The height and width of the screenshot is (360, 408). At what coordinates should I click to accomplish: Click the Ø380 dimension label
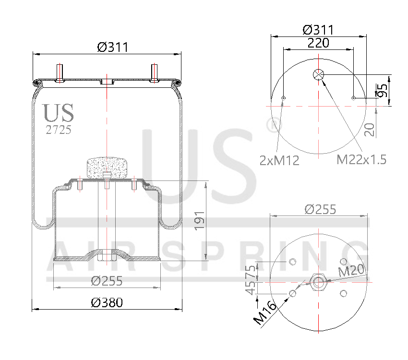pos(107,302)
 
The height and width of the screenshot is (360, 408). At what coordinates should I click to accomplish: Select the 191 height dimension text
pos(199,220)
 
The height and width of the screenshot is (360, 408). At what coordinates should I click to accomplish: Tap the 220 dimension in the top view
pos(318,43)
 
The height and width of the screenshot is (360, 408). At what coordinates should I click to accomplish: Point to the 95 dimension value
pos(382,90)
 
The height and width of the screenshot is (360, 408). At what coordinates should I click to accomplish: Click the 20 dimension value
pos(369,130)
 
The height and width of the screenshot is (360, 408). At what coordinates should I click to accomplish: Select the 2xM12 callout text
pos(279,160)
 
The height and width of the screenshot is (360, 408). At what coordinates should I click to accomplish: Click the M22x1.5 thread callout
pos(361,160)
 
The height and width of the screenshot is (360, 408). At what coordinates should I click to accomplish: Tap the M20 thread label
pos(352,271)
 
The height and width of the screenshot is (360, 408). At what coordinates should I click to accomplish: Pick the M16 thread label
pos(265,312)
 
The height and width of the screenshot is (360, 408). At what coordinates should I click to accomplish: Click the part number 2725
pos(58,130)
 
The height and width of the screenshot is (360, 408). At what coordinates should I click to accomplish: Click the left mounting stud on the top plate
pos(60,73)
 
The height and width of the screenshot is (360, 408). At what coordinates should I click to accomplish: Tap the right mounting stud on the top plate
pos(155,73)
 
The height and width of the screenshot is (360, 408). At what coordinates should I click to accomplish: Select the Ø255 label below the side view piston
pos(107,281)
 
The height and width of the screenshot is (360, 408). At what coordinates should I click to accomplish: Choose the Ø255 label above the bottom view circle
pos(320,209)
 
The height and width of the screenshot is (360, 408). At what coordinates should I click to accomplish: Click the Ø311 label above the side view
pos(112,47)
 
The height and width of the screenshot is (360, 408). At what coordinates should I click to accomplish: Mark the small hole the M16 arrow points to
pos(293,293)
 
